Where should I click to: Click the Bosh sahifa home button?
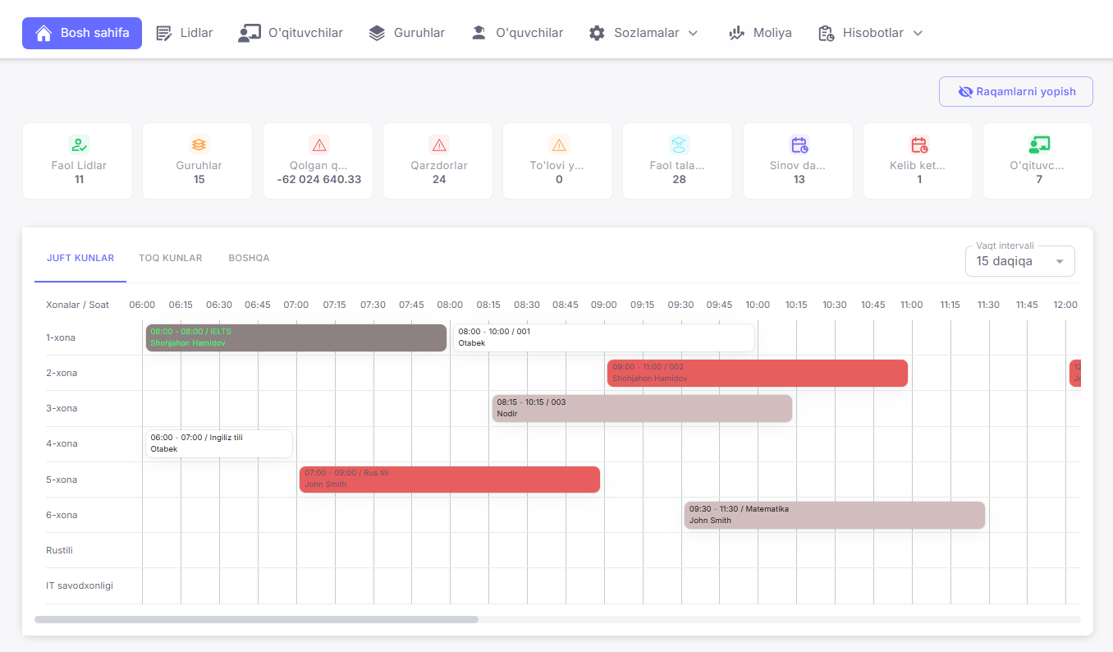[82, 34]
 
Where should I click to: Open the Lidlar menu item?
[185, 34]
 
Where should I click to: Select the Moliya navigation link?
[760, 34]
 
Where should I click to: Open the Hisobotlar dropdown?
[871, 34]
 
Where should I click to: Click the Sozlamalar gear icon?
[597, 34]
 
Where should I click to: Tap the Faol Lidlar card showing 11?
[78, 161]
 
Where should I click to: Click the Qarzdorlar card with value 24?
[438, 161]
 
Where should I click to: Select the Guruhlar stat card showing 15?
[198, 161]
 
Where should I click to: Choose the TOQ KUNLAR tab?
[170, 258]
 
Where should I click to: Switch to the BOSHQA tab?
[249, 258]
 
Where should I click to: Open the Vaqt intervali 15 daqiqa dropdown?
[1019, 261]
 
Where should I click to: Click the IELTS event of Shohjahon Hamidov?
[295, 337]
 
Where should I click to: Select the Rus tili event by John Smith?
[449, 480]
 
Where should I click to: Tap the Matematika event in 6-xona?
[834, 515]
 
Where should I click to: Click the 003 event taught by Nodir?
[642, 408]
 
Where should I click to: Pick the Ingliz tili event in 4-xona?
[218, 443]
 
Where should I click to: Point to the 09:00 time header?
[603, 305]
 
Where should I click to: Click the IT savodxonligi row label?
[80, 585]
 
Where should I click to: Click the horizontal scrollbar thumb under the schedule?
[256, 619]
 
